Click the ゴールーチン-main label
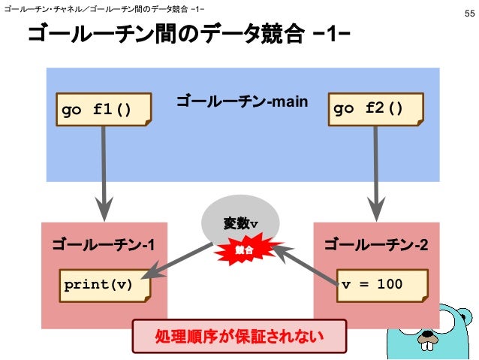tap(242, 101)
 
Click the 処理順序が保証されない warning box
tap(240, 335)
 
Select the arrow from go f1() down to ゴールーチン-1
tap(103, 173)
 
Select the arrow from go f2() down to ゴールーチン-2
tap(375, 173)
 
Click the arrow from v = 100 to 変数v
tap(304, 263)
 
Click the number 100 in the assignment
tap(390, 285)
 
